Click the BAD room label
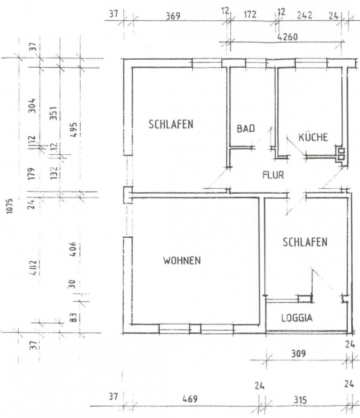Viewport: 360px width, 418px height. click(x=246, y=128)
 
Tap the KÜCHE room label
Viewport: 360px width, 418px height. click(x=313, y=137)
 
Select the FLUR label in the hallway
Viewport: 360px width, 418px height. click(x=273, y=175)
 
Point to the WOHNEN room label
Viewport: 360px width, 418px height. click(x=182, y=260)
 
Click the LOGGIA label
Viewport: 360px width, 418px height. click(x=297, y=318)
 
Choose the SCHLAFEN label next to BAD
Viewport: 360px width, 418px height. click(x=171, y=124)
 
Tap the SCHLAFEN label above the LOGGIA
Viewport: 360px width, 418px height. click(x=305, y=242)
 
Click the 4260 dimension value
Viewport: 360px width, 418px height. click(x=287, y=37)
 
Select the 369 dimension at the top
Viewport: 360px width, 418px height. click(x=173, y=16)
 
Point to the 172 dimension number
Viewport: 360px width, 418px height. click(x=250, y=14)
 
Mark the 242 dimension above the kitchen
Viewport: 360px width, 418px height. click(x=305, y=15)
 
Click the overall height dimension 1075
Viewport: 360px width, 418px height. click(x=9, y=206)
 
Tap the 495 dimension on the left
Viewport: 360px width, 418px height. click(x=73, y=130)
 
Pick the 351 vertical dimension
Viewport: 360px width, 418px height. click(x=53, y=113)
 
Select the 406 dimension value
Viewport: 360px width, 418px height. click(x=72, y=249)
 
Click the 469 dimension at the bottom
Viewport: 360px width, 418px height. click(x=190, y=399)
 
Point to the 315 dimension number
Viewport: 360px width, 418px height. click(x=300, y=400)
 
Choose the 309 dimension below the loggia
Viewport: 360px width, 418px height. click(x=298, y=353)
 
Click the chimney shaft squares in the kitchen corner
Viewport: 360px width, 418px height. click(x=341, y=154)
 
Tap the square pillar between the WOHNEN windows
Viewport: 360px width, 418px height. click(x=195, y=329)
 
